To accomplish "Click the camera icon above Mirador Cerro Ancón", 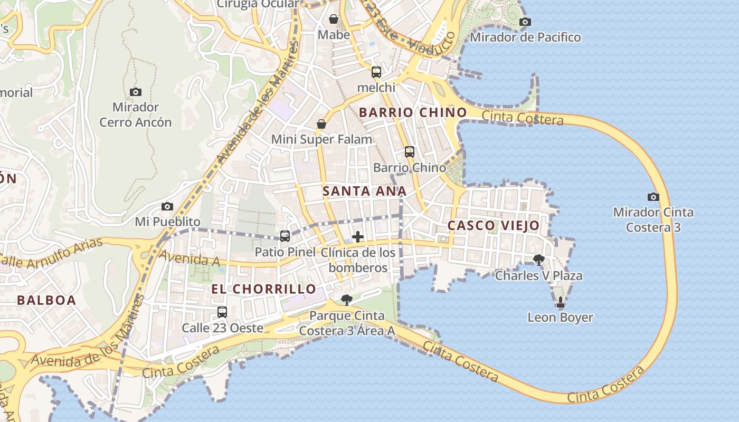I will click(x=136, y=92).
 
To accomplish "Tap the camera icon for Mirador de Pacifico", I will click(x=525, y=22).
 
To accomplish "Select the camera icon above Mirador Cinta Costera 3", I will click(x=653, y=197).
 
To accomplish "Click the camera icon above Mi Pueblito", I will click(x=167, y=206).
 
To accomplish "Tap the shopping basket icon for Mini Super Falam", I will click(x=321, y=124).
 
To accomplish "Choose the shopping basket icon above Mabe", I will click(x=334, y=20).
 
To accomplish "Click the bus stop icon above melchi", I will click(x=376, y=72).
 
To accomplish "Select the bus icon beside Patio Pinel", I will click(x=285, y=236).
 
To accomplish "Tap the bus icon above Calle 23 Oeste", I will click(x=222, y=312).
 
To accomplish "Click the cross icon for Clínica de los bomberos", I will click(x=358, y=237).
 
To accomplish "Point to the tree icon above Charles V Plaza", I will click(x=538, y=260).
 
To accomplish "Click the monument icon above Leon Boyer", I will click(x=560, y=302).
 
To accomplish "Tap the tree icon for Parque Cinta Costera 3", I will click(x=347, y=300).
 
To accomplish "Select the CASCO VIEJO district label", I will click(x=494, y=226).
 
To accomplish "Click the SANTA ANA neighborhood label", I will click(x=364, y=191).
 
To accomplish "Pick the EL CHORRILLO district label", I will click(x=264, y=289).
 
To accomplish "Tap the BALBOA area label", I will click(x=46, y=300).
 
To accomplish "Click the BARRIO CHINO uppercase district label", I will click(x=413, y=112).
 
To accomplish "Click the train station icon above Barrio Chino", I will click(x=410, y=152).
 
